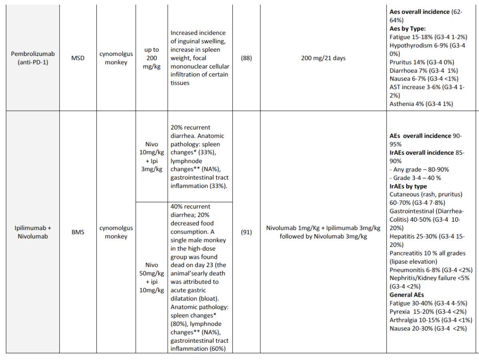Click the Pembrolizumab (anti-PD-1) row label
[x=33, y=58]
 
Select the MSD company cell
[x=78, y=58]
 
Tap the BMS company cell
[x=78, y=232]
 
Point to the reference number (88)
[x=246, y=58]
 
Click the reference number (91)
[x=246, y=232]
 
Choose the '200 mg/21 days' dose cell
[x=323, y=58]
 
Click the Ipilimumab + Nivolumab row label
[x=33, y=232]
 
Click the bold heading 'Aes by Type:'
[x=408, y=28]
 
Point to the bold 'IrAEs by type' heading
[x=408, y=186]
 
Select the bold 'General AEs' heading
[x=406, y=295]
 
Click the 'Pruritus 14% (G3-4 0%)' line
[x=421, y=62]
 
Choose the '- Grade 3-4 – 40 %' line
[x=415, y=178]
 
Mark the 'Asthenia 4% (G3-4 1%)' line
[x=421, y=104]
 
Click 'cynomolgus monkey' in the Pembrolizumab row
[x=116, y=58]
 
